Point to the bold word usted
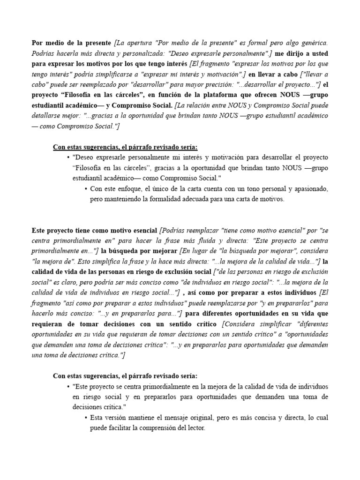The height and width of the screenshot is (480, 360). pyautogui.click(x=319, y=53)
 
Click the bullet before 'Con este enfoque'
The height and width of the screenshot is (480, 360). pyautogui.click(x=86, y=189)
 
